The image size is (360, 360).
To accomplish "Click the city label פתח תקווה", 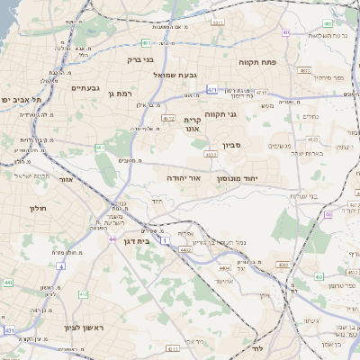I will [x=261, y=63].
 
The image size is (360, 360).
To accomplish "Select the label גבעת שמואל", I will [x=175, y=75].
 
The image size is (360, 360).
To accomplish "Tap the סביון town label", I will [x=233, y=144].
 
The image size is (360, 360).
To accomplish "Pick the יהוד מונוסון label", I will [x=237, y=178].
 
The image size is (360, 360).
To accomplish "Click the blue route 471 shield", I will [x=211, y=89].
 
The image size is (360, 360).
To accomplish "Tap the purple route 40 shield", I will [x=285, y=32].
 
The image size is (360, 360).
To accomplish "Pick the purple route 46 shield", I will [x=328, y=214].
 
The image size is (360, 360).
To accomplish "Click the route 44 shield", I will [x=112, y=239].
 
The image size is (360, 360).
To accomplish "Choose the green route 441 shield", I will [x=8, y=283].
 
